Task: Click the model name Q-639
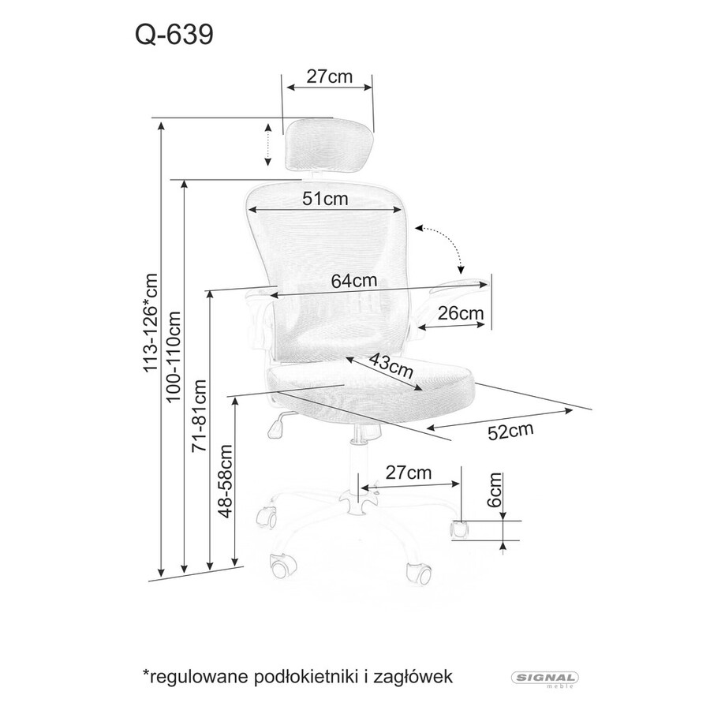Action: point(174,35)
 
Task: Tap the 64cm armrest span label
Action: point(353,281)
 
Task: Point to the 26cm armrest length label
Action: point(461,313)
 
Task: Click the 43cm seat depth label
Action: point(391,365)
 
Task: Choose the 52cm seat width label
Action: point(510,431)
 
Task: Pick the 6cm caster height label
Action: point(495,489)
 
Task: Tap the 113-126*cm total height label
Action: point(151,323)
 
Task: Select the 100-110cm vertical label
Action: point(174,357)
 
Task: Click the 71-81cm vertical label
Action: point(200,416)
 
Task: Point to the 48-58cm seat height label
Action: point(225,481)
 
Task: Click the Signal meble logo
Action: point(544,678)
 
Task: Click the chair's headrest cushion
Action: point(331,145)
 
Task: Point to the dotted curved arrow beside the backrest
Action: point(440,248)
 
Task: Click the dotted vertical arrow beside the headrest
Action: point(268,144)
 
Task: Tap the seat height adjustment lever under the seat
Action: point(281,424)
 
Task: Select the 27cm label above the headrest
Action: point(329,77)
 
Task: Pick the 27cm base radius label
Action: point(409,473)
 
